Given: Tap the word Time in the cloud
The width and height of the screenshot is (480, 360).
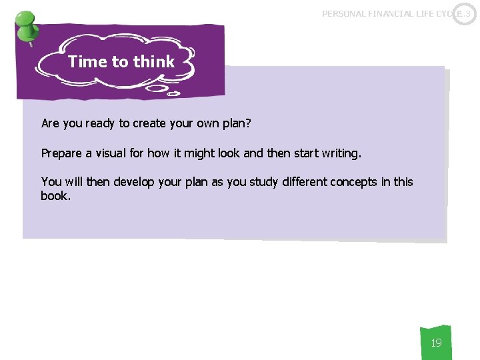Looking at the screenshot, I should coord(87,62).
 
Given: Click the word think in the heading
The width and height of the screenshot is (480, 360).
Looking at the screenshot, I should coord(153,62).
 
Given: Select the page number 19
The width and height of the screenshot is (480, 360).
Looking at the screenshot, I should coord(436,343).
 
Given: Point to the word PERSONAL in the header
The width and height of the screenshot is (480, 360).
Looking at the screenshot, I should coord(345,13).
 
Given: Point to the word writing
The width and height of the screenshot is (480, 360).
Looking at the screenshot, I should coord(340,153).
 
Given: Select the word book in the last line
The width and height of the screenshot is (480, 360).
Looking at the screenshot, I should coord(54,196).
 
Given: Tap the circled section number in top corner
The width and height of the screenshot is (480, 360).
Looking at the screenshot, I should coord(464,13).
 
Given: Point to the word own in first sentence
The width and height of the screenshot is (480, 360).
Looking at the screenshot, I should coord(209,124).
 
